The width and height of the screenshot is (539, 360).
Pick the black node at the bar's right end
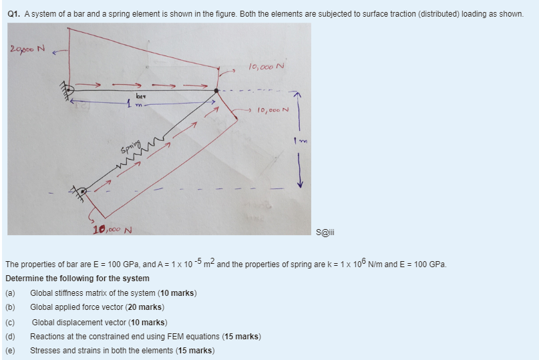point(216,90)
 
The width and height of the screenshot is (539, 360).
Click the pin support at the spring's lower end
point(80,192)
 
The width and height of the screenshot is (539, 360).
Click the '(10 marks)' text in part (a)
point(177,293)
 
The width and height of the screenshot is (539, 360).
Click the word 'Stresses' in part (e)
point(46,351)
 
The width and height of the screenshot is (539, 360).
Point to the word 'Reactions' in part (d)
point(48,336)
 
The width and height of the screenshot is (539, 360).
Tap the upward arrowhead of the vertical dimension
point(299,96)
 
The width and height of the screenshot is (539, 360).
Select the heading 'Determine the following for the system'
point(77,278)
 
